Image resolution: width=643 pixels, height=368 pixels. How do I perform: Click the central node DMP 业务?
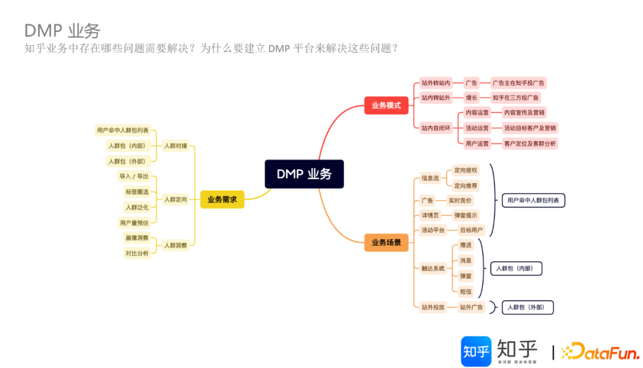(x=304, y=174)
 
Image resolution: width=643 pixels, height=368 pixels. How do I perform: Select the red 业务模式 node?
(x=386, y=105)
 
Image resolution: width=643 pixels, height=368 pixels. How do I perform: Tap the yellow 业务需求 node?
(x=222, y=199)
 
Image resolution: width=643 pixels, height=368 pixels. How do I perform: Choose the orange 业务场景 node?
(x=386, y=242)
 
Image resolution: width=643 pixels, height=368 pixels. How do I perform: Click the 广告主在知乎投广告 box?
(x=519, y=83)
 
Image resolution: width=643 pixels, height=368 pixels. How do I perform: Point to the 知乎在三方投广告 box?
(x=516, y=98)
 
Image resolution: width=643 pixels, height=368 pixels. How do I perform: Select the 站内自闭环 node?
(x=436, y=127)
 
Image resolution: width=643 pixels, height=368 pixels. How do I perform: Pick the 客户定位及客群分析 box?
(x=529, y=144)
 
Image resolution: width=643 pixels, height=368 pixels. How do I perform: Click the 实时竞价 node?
(x=460, y=201)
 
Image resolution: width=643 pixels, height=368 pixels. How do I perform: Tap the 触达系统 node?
(x=433, y=269)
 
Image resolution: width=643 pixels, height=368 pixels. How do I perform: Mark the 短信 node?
(x=466, y=291)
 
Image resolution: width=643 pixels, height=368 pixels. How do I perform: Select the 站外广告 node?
(x=470, y=307)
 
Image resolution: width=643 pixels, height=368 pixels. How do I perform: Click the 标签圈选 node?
(x=137, y=192)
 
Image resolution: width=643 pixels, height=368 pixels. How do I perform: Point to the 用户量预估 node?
(x=134, y=223)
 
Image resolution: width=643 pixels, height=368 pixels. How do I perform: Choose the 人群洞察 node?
(x=176, y=245)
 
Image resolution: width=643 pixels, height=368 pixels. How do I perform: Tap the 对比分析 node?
(x=137, y=253)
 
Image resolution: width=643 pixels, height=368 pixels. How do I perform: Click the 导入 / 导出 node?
(x=134, y=176)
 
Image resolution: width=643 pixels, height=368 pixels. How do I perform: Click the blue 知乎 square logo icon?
(x=476, y=351)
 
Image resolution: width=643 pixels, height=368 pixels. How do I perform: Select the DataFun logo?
(x=600, y=352)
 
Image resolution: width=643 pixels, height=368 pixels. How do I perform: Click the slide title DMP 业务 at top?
(x=62, y=31)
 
